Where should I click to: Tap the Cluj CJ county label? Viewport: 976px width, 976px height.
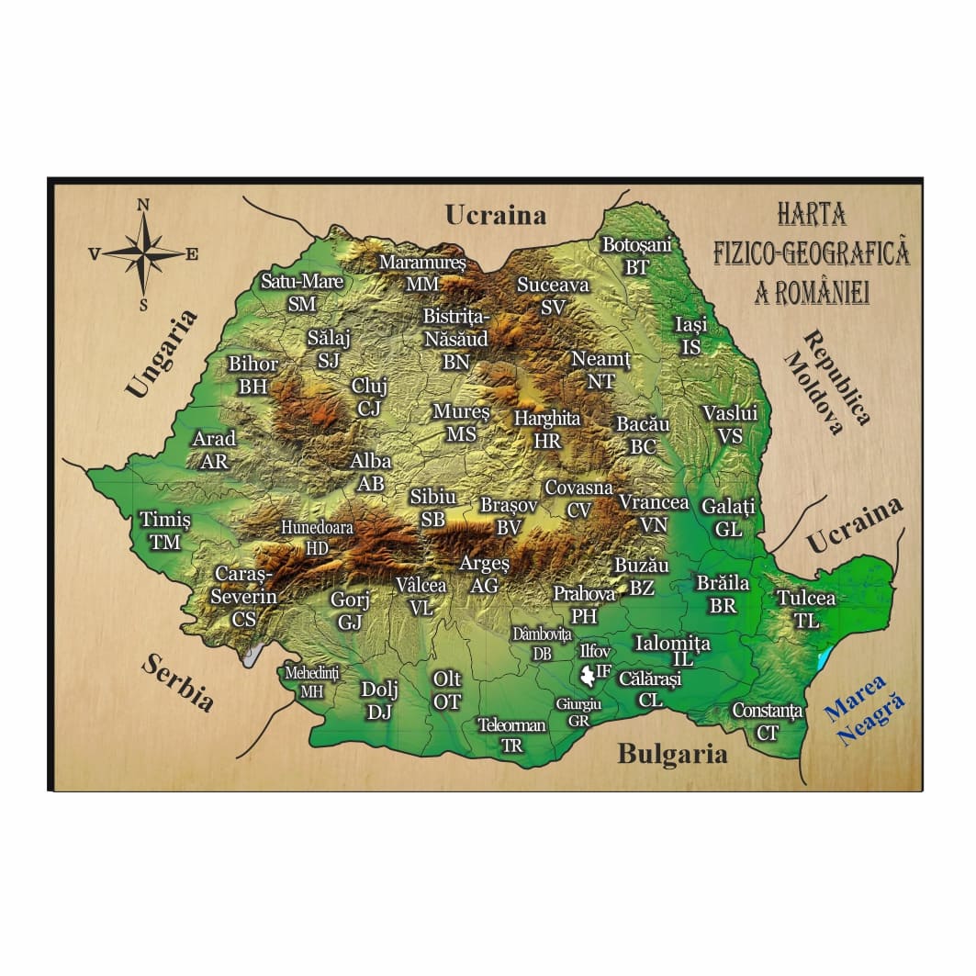point(368,397)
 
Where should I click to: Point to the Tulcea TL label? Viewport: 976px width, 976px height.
point(806,608)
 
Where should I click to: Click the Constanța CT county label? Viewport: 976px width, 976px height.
point(768,721)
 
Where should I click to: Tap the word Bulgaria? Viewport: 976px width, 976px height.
point(672,754)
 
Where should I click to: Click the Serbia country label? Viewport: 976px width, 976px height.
point(178,684)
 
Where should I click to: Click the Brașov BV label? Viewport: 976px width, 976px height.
point(509,516)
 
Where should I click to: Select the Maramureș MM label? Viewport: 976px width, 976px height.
point(423,273)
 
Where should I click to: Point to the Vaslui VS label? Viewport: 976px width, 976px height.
point(730,424)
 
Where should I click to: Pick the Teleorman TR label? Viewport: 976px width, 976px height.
point(511,735)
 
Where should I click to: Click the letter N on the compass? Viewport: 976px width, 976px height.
point(143,205)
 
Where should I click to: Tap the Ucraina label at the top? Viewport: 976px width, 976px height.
point(496,215)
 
